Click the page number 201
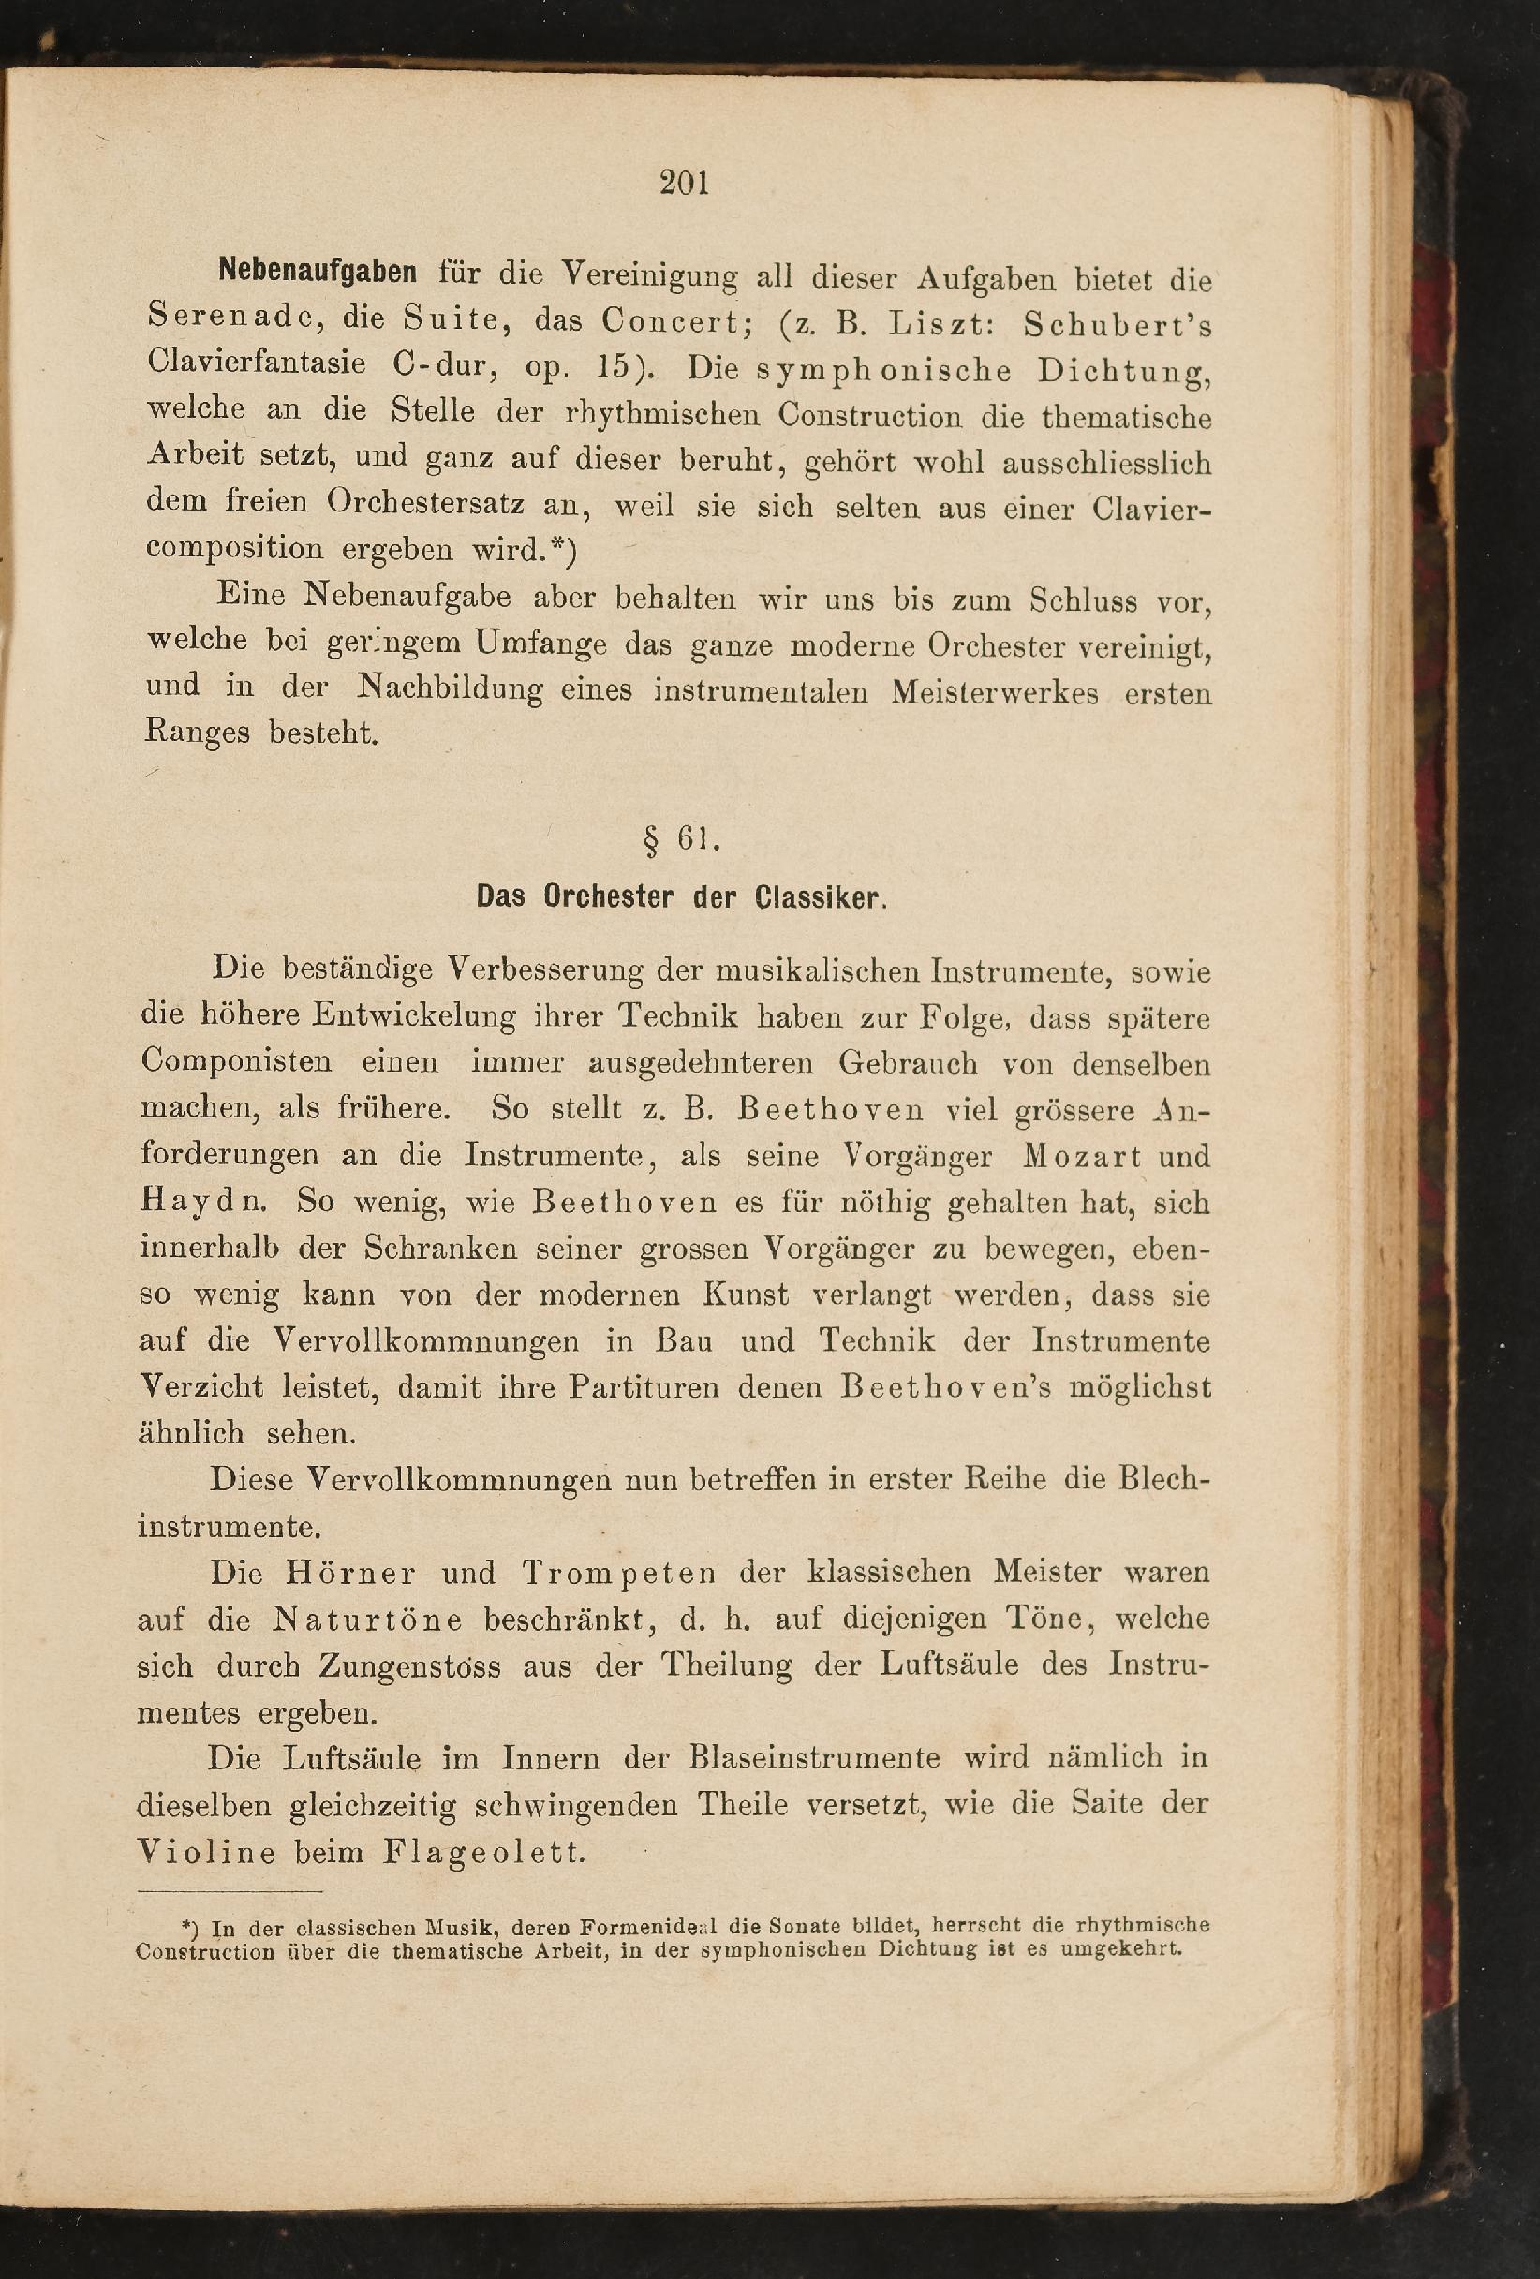[685, 184]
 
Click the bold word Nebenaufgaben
[317, 272]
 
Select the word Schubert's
[1118, 325]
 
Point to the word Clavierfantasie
[256, 363]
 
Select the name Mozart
[1083, 1157]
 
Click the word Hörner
[350, 1573]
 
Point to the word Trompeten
[618, 1573]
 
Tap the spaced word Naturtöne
[366, 1619]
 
